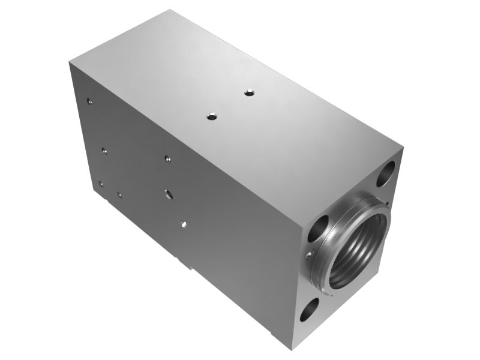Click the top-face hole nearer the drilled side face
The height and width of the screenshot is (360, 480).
coord(212,116)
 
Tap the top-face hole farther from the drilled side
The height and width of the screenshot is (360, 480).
coord(249,92)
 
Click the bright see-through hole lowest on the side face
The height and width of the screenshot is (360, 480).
coord(184,224)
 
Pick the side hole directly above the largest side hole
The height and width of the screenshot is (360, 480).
coord(168,159)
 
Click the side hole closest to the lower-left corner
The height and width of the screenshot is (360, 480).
coord(101,184)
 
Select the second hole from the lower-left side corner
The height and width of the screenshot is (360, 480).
coord(119,194)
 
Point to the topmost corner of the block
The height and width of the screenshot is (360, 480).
coord(170,10)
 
